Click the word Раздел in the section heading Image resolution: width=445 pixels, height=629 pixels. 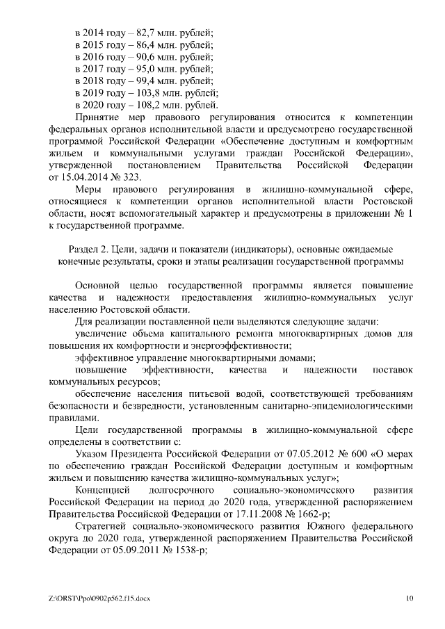85,249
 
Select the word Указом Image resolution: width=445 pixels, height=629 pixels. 91,454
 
